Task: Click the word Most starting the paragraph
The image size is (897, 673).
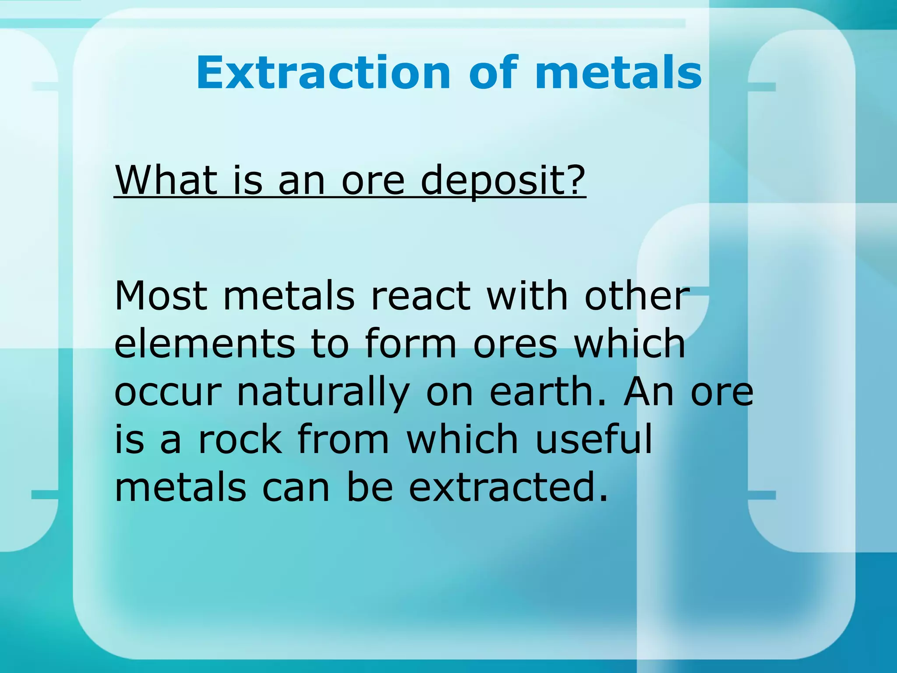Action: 161,296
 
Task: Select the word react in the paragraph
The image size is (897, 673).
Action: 420,297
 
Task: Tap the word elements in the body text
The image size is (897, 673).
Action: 205,344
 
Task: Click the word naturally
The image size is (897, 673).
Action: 323,393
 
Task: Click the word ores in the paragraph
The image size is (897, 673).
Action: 516,344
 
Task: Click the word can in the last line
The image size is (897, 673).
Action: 296,489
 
